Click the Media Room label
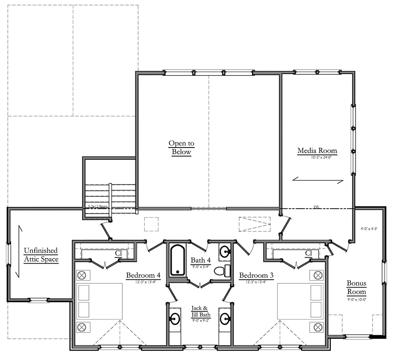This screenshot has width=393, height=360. pos(317,151)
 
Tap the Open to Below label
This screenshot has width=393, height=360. pos(181,148)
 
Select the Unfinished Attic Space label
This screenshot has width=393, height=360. pos(41,255)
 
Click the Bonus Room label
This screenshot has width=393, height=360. pos(356,287)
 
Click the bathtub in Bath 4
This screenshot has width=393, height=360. pos(177,260)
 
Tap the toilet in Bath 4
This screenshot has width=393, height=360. pos(221,271)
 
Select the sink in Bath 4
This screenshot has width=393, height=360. pos(225,251)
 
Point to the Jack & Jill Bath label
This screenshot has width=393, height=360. pos(201,311)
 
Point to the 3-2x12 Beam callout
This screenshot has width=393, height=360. pos(97,206)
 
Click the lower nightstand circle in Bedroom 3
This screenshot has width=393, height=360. pos(317,327)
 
